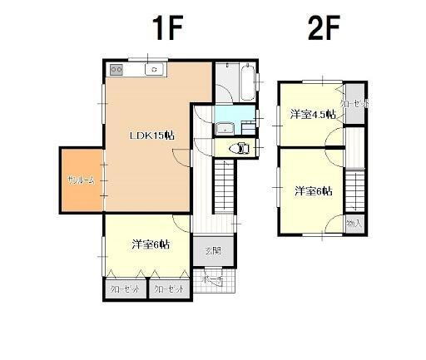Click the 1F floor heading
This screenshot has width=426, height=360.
click(x=167, y=30)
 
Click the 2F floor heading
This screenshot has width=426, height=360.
click(x=324, y=30)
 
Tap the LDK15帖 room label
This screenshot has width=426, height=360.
click(x=151, y=135)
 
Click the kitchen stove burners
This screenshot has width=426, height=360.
click(x=114, y=70)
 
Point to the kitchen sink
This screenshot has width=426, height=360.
click(x=154, y=70)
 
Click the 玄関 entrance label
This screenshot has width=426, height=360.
click(x=212, y=250)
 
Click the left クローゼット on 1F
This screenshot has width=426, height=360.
click(x=125, y=288)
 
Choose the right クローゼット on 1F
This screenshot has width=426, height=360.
click(x=168, y=288)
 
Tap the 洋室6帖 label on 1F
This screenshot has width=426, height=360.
click(x=150, y=244)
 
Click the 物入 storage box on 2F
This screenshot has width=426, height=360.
click(x=354, y=223)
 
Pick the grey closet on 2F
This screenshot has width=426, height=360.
click(x=356, y=104)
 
